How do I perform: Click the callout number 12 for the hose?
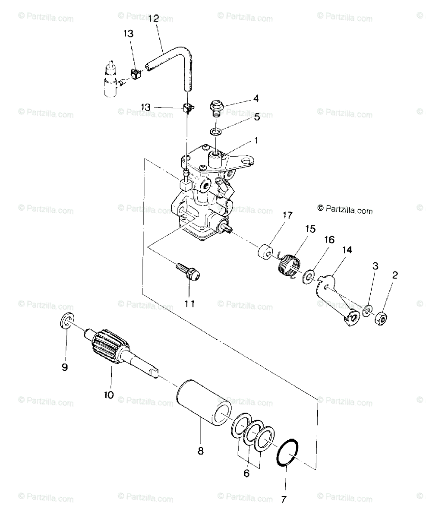(154, 19)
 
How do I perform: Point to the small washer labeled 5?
(216, 132)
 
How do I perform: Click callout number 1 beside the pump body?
(256, 140)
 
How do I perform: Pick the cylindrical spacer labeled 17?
(265, 251)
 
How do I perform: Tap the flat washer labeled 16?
(309, 276)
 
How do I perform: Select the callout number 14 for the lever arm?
(347, 250)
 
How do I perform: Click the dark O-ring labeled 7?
(287, 452)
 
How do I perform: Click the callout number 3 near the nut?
(375, 266)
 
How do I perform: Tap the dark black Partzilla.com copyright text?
(345, 209)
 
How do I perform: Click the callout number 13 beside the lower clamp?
(145, 107)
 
